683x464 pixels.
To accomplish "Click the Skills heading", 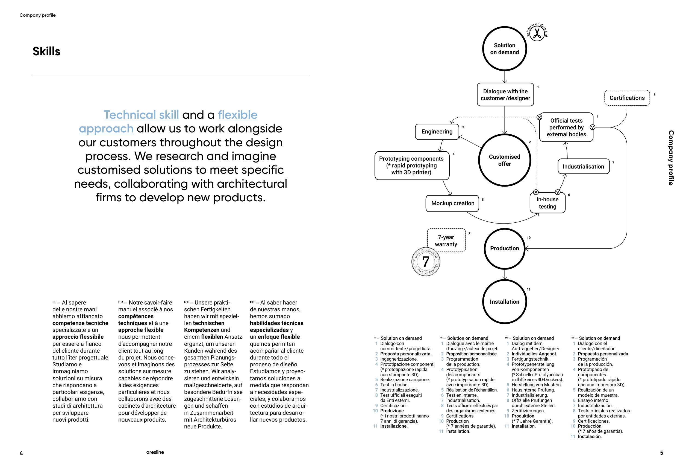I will pyautogui.click(x=46, y=51).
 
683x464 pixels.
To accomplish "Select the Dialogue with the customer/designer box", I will pyautogui.click(x=505, y=95).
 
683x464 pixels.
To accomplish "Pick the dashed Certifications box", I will pyautogui.click(x=627, y=98).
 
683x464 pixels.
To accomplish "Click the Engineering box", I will pyautogui.click(x=437, y=132).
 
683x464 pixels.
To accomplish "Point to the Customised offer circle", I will pyautogui.click(x=504, y=160).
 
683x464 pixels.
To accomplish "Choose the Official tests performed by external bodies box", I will pyautogui.click(x=566, y=127).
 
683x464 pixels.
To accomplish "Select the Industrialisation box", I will pyautogui.click(x=583, y=167).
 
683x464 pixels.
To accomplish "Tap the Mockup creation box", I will pyautogui.click(x=452, y=203).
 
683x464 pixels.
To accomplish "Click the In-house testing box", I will pyautogui.click(x=547, y=203).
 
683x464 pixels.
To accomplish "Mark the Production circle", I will pyautogui.click(x=504, y=249).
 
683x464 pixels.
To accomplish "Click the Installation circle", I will pyautogui.click(x=504, y=302).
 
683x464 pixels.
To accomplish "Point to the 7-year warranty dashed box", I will pyautogui.click(x=446, y=241).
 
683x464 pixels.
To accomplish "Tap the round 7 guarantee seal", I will pyautogui.click(x=426, y=262).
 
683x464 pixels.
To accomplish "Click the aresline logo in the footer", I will pyautogui.click(x=155, y=452).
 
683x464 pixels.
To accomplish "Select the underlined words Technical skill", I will pyautogui.click(x=141, y=115).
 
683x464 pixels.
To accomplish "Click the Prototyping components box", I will pyautogui.click(x=411, y=166).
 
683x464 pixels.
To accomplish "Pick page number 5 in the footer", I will pyautogui.click(x=661, y=453).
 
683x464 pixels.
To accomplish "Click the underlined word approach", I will pyautogui.click(x=106, y=129).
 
